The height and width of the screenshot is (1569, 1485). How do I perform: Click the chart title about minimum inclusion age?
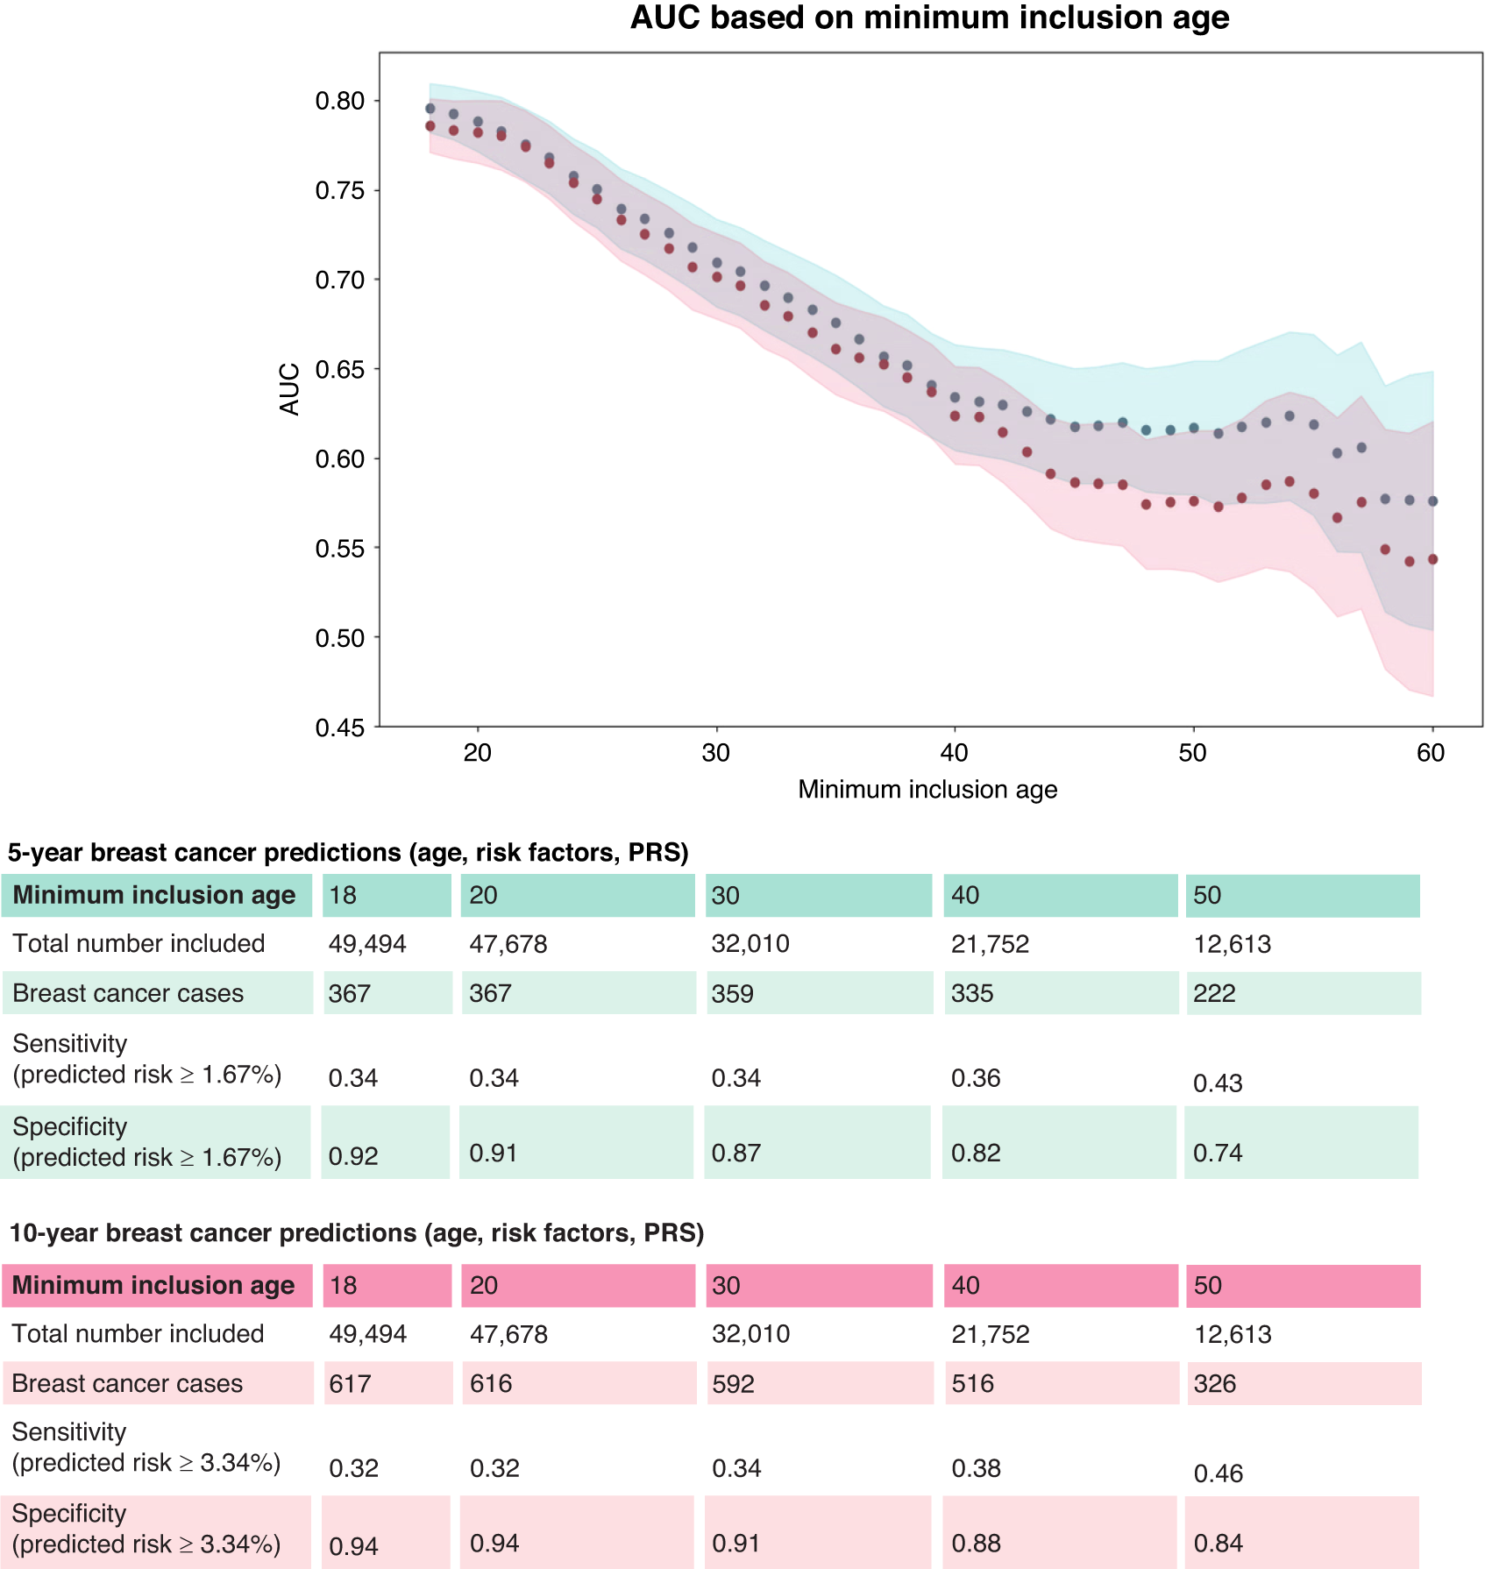point(929,18)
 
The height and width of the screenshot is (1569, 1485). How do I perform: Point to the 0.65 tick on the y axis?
point(339,370)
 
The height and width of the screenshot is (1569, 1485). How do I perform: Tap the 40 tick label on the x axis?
point(954,753)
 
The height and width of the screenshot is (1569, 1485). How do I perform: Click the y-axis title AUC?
point(289,389)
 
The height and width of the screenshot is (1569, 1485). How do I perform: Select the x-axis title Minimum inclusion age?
point(927,790)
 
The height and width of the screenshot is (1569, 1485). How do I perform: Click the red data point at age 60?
point(1432,559)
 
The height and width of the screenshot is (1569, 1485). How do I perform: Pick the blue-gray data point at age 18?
point(430,109)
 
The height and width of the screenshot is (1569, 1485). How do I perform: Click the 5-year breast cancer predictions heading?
point(348,853)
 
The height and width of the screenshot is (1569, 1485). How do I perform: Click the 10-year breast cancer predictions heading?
point(356,1233)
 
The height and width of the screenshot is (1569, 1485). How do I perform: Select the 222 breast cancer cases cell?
point(1215,994)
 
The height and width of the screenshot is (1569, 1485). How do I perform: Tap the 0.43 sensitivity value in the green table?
point(1218,1083)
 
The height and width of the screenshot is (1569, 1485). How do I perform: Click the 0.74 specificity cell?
point(1218,1153)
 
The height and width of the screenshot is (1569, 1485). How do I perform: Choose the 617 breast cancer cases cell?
point(351,1384)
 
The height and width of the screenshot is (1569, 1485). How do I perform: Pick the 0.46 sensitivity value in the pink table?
point(1219,1473)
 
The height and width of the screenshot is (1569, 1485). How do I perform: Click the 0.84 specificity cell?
point(1219,1544)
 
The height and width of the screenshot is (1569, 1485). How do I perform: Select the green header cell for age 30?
point(818,896)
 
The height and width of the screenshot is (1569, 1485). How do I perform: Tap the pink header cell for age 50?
point(1303,1286)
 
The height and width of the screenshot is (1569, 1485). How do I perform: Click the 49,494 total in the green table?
point(367,944)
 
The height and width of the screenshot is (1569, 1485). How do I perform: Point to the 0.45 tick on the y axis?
point(339,728)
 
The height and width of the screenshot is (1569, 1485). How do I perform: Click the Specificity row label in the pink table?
point(146,1530)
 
